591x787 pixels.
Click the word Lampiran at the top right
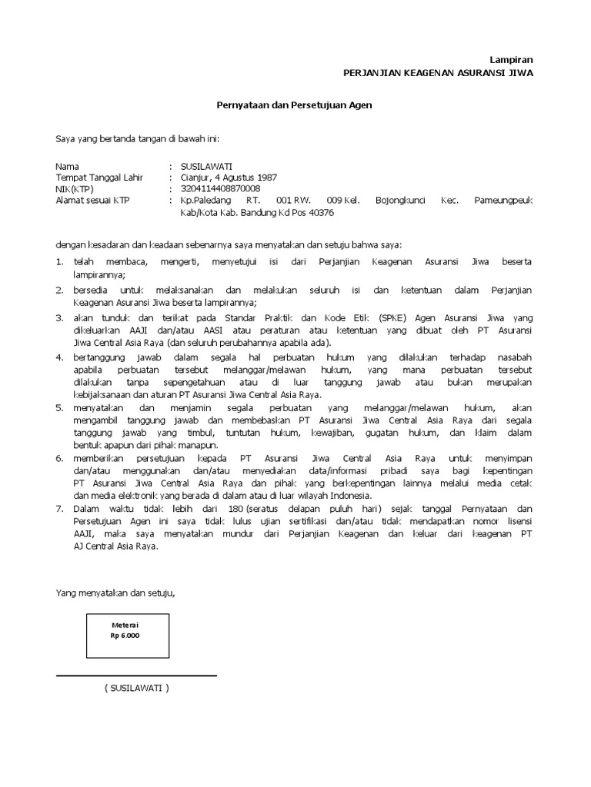pyautogui.click(x=512, y=59)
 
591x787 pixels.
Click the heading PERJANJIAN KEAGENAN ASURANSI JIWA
pyautogui.click(x=437, y=72)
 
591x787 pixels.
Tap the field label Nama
pyautogui.click(x=67, y=166)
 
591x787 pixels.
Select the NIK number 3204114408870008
pyautogui.click(x=220, y=188)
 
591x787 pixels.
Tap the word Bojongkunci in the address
pyautogui.click(x=400, y=200)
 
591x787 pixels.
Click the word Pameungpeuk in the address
pyautogui.click(x=503, y=200)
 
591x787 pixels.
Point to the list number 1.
pyautogui.click(x=58, y=262)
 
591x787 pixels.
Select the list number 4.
pyautogui.click(x=58, y=357)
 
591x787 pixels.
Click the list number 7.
pyautogui.click(x=58, y=509)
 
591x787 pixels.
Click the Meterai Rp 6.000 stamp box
pyautogui.click(x=128, y=635)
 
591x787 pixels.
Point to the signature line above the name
pyautogui.click(x=136, y=676)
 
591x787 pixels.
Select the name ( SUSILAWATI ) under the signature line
pyautogui.click(x=136, y=688)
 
